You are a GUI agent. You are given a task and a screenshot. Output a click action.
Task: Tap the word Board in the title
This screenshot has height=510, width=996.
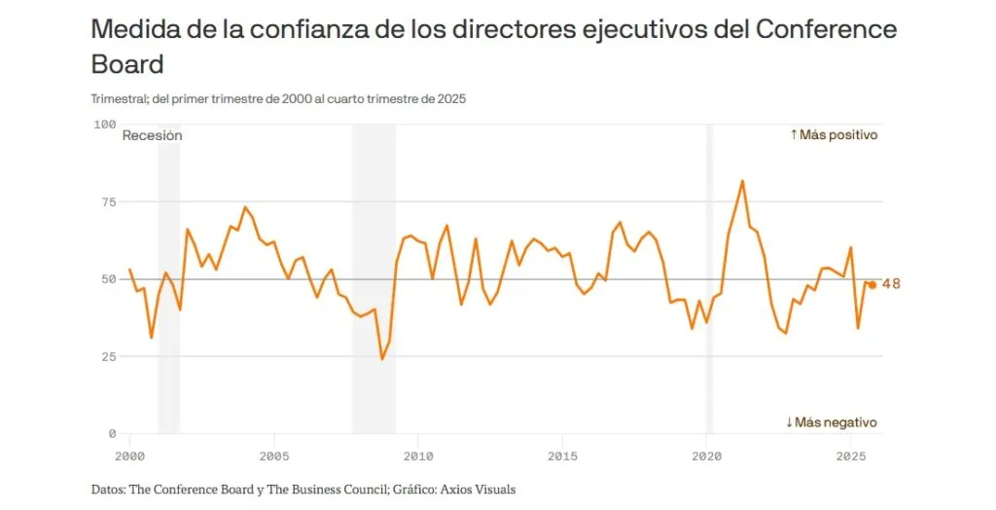pos(126,64)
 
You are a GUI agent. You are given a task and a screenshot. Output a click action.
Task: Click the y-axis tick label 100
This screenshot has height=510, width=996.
pos(104,125)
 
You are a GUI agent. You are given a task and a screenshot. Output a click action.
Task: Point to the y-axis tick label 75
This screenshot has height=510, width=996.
pos(107,201)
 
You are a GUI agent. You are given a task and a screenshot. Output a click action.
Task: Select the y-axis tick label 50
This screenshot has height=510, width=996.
pos(107,279)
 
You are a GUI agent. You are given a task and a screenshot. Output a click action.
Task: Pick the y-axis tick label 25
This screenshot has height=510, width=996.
pos(107,356)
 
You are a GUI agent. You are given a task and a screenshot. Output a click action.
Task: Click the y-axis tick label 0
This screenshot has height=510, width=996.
pos(111,433)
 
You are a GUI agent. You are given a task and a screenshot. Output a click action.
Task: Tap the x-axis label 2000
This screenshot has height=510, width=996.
pos(129,455)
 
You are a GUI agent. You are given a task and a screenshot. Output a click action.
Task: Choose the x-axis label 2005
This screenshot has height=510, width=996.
pos(274,455)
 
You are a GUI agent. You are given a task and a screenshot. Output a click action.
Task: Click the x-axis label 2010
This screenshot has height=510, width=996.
pos(418,455)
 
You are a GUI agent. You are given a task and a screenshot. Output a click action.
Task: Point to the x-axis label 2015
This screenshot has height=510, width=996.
pos(562,455)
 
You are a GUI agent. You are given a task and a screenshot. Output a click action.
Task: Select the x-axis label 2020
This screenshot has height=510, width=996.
pos(706,455)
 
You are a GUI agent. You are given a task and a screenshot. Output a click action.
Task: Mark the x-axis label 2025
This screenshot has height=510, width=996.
pos(851,455)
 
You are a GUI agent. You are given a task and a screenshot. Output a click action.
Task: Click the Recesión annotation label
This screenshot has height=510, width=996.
pos(152,136)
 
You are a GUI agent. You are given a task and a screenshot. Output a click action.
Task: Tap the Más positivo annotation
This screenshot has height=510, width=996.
pos(834,135)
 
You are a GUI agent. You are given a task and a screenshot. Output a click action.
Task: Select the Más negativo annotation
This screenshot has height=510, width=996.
pos(832,422)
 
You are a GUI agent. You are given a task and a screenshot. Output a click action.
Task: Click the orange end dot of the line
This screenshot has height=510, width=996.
pos(872,285)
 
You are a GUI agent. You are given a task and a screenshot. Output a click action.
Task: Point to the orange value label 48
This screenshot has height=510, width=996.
pos(891,284)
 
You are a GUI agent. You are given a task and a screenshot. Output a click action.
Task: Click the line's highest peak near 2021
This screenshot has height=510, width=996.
pos(742,181)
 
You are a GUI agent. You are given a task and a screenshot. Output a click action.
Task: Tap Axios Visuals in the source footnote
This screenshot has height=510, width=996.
pos(480,490)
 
